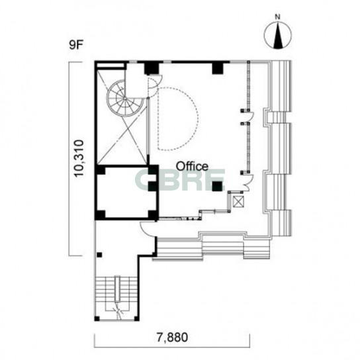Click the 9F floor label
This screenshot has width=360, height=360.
pyautogui.click(x=75, y=45)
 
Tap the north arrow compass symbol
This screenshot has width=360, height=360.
pyautogui.click(x=277, y=35)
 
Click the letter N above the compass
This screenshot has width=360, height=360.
pyautogui.click(x=278, y=17)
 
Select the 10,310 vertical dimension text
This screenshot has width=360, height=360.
pyautogui.click(x=79, y=157)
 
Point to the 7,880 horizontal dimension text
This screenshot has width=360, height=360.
pyautogui.click(x=172, y=337)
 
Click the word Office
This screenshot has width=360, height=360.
pyautogui.click(x=192, y=167)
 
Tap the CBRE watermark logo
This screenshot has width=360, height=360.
pyautogui.click(x=179, y=180)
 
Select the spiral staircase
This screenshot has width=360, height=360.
pyautogui.click(x=125, y=98)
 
